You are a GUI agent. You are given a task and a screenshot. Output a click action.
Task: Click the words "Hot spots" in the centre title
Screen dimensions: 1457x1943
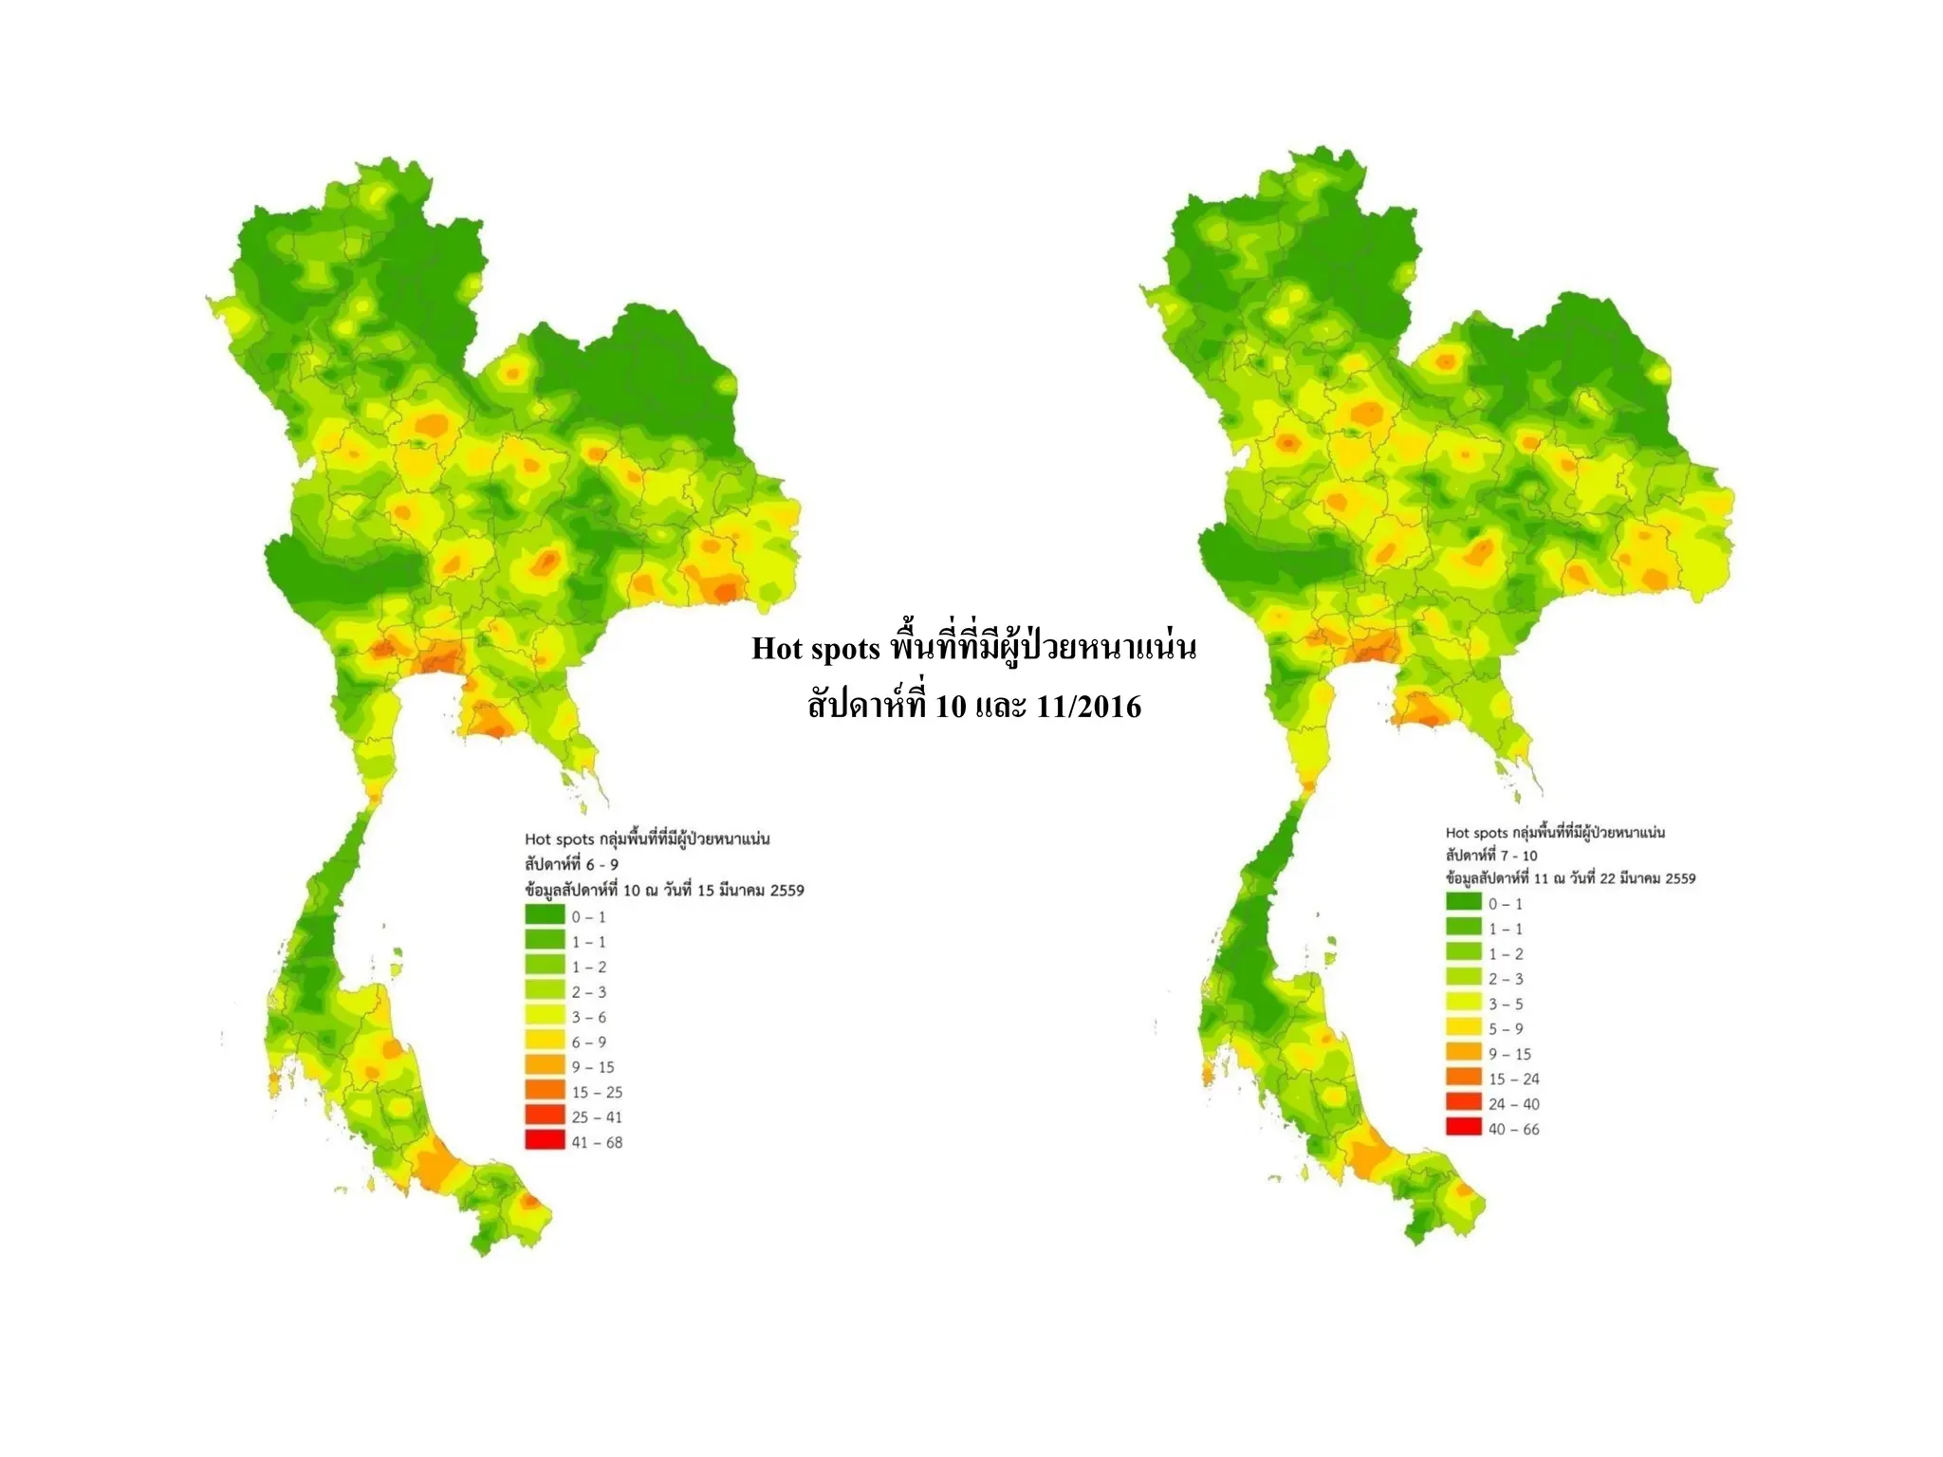click(x=816, y=649)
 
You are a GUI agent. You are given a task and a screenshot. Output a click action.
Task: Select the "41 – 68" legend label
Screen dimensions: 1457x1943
click(x=597, y=1142)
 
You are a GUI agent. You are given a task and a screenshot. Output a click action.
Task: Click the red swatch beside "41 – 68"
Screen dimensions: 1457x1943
click(x=545, y=1141)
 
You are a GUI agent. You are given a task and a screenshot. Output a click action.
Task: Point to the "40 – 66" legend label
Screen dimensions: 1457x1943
click(x=1513, y=1129)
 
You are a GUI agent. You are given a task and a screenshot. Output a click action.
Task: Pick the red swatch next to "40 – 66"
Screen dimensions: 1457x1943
click(x=1463, y=1128)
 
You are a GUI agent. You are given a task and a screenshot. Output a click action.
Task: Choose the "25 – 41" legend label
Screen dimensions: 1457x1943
click(x=597, y=1117)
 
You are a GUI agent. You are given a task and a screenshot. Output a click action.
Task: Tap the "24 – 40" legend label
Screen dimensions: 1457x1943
click(x=1513, y=1104)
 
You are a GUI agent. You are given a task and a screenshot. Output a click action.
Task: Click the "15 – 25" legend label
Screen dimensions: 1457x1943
click(x=597, y=1092)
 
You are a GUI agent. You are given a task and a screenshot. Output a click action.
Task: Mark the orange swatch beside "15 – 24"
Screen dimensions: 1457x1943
click(x=1463, y=1079)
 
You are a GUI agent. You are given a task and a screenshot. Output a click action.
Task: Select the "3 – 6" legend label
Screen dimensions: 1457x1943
click(x=588, y=1017)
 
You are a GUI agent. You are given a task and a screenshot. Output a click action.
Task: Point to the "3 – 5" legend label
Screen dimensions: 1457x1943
click(x=1505, y=1004)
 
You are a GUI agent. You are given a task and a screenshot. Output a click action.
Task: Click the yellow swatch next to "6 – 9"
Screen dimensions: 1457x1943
click(x=545, y=1042)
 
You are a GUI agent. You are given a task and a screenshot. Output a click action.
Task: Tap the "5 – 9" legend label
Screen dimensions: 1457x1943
click(x=1505, y=1028)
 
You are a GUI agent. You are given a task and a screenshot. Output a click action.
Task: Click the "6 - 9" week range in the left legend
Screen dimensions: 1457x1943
click(x=602, y=864)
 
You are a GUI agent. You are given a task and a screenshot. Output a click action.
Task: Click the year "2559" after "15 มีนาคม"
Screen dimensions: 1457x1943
click(x=787, y=891)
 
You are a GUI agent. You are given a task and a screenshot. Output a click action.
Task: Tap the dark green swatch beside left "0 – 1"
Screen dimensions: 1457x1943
click(x=545, y=916)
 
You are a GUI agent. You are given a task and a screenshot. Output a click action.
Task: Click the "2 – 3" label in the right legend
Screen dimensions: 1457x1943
click(x=1505, y=979)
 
